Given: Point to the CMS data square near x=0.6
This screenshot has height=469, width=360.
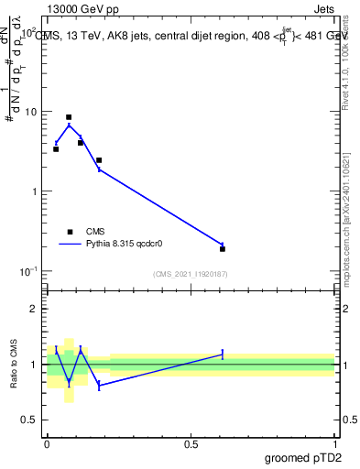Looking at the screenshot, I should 223,248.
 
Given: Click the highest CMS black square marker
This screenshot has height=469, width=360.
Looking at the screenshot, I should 69,117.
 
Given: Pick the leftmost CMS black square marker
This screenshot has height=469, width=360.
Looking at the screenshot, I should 56,148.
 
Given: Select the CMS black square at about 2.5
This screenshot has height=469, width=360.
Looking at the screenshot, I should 99,160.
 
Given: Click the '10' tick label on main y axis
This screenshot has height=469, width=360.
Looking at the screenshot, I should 31,112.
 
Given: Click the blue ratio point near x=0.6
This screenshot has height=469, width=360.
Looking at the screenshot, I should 223,354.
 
